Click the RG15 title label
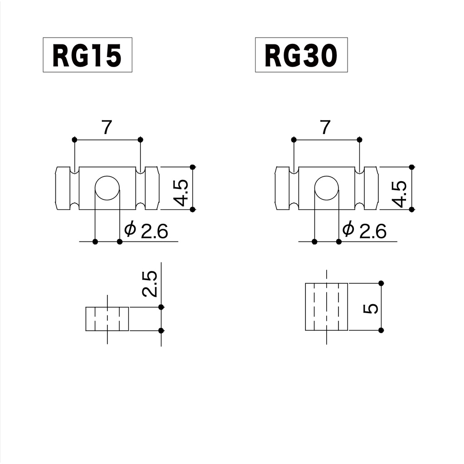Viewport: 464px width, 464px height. click(87, 55)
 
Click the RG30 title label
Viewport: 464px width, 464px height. click(301, 55)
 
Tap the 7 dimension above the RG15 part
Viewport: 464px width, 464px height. click(106, 128)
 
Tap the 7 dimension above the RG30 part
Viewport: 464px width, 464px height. click(325, 128)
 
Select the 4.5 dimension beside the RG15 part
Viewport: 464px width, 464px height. click(181, 192)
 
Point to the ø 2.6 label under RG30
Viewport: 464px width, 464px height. click(364, 231)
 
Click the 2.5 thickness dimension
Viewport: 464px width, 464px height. click(150, 284)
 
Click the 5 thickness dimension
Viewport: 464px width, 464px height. click(371, 309)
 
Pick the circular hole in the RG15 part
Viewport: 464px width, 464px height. click(107, 188)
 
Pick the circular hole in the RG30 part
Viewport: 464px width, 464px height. click(326, 188)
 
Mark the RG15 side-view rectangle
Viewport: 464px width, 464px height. click(107, 319)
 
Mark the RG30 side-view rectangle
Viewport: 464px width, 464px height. click(326, 307)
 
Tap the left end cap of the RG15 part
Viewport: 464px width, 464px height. click(63, 188)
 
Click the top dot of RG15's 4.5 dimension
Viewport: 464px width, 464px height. click(193, 167)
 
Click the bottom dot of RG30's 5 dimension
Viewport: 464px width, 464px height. click(381, 329)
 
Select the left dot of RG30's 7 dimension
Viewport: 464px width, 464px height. click(294, 139)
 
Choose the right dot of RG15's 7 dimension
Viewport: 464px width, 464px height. click(140, 139)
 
